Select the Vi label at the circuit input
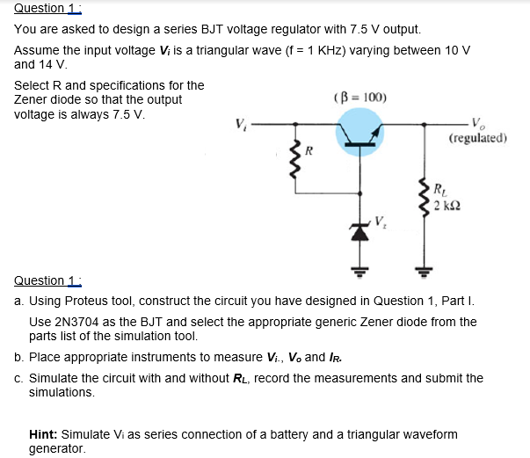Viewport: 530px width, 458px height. tap(239, 124)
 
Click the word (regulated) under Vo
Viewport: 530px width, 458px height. tap(477, 138)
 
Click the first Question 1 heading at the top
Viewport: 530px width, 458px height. tap(41, 8)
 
